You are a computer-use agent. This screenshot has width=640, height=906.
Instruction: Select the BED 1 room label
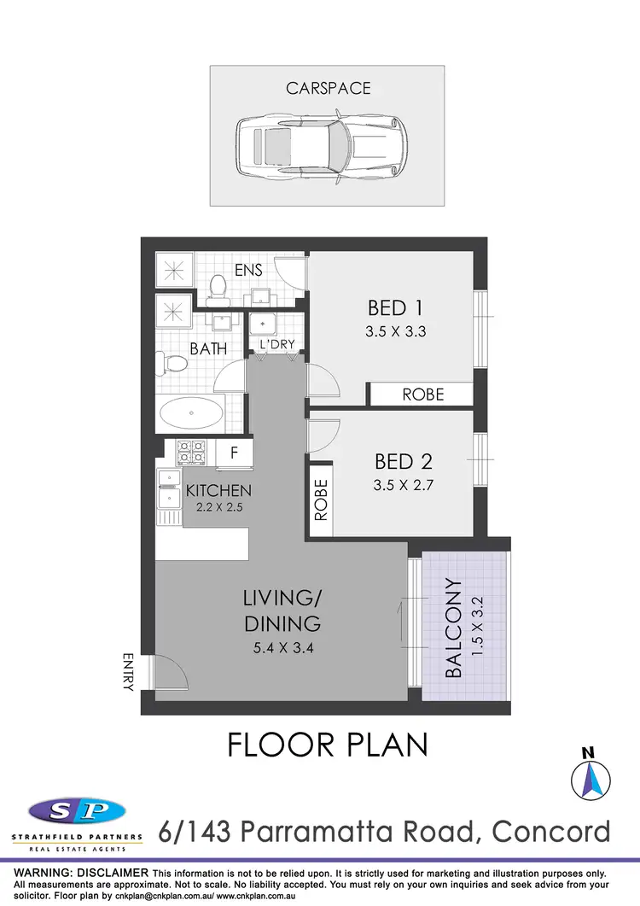395,307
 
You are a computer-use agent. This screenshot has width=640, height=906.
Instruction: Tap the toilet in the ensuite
216,288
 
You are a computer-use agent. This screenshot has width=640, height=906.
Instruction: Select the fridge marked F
234,453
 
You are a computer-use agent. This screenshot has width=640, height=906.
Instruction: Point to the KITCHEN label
218,491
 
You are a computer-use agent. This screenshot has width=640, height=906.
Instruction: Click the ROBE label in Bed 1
423,394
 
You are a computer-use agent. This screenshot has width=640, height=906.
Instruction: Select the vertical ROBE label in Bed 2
322,500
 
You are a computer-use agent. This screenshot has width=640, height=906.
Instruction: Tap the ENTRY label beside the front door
129,670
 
